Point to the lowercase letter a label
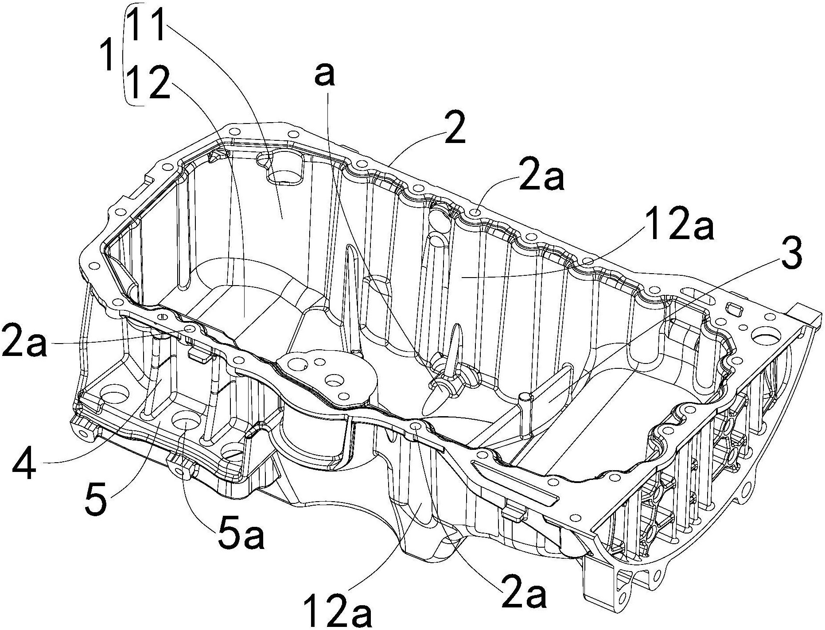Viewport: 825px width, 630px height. (325, 75)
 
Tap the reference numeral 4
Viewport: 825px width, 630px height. (24, 465)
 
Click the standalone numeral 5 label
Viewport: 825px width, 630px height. (97, 501)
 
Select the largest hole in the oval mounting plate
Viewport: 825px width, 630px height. (335, 380)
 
